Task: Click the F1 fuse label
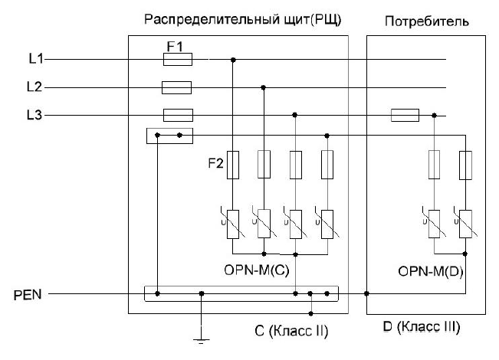(x=176, y=47)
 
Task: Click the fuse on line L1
(x=178, y=59)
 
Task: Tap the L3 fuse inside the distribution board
(x=178, y=115)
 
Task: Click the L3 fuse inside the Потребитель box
(x=404, y=115)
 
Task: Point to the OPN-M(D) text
(x=428, y=270)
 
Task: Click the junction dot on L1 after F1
(x=232, y=59)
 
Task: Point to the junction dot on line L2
(x=264, y=87)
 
